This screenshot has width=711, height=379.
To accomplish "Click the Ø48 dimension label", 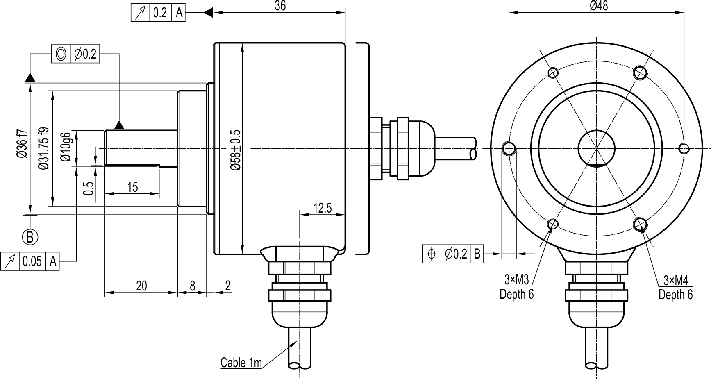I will pos(599,6).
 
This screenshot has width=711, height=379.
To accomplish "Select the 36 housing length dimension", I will pos(280,6).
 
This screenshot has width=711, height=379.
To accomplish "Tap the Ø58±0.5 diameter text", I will pos(235,150).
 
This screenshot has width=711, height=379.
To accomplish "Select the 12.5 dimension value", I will pos(322,208).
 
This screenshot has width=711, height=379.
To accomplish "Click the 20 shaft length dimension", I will pos(141,286).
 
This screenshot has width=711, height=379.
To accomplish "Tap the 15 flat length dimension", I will pos(132,187).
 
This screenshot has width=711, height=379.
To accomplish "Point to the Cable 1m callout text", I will pos(241,363).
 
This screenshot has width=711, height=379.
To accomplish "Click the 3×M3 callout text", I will pos(516,280).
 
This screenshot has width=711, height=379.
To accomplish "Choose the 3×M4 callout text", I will pos(675,280).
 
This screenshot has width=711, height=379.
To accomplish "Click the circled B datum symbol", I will pos(30,237).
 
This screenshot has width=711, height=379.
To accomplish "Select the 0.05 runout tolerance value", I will pos(32,261).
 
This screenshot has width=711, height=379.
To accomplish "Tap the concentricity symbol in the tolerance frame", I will pos(61,54).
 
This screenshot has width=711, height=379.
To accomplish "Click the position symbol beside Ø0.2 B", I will pos(432,254).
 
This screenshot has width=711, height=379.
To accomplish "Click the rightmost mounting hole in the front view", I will pos(684,148).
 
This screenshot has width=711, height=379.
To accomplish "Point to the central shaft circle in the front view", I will pos(596,148).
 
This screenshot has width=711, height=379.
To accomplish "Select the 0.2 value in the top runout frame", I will pos(160,13).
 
